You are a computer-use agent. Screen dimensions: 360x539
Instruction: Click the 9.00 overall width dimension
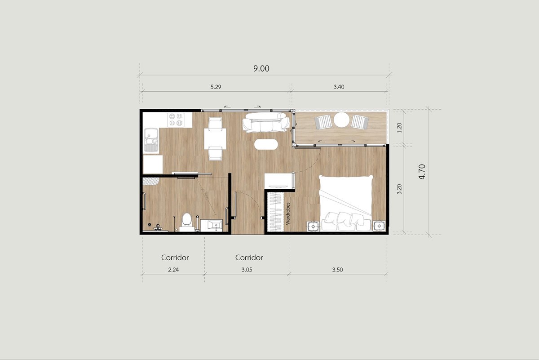pos(261,69)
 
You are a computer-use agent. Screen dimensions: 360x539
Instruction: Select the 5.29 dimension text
pos(215,87)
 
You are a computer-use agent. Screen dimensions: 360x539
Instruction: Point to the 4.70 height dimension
pos(422,172)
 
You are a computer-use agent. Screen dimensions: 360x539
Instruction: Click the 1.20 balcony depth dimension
pos(399,127)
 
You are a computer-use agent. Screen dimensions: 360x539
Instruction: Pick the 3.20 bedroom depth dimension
pos(399,189)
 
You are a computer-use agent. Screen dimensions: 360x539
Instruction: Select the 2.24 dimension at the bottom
pos(175,270)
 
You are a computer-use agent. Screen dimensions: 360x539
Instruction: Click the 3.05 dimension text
pos(249,270)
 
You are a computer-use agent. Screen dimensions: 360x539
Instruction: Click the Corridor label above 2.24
pos(175,258)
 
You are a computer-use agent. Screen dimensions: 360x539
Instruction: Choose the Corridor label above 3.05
pos(249,258)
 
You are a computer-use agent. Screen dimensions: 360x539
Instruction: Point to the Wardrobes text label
pos(288,213)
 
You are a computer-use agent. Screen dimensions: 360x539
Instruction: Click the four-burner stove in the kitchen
pos(176,120)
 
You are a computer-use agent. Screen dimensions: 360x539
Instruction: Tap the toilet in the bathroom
pos(187,221)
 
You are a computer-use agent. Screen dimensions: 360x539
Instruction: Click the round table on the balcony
pos(341,120)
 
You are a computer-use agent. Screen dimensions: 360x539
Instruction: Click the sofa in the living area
pos(265,122)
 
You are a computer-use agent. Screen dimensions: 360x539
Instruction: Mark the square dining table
pos(215,138)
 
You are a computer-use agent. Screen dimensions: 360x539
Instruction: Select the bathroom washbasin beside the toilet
pos(211,225)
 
